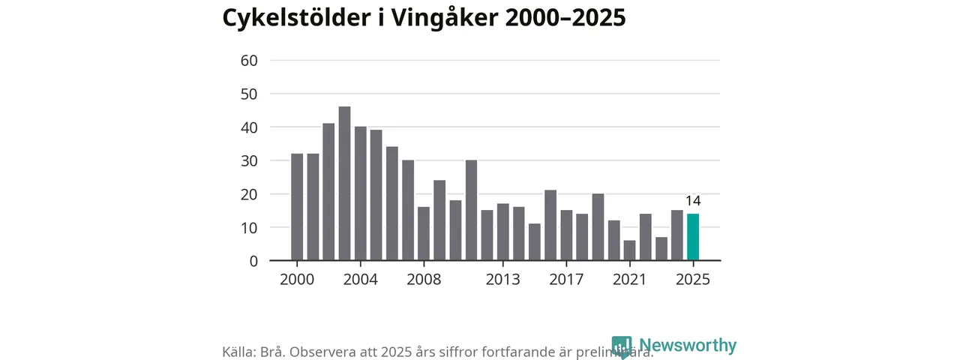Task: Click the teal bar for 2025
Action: coord(693,237)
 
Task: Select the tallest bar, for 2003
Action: coord(344,184)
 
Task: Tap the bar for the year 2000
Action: coord(297,207)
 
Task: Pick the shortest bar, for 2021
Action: coord(630,250)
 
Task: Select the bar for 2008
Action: coord(424,234)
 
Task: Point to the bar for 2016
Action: coord(550,226)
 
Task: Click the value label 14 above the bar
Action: coord(693,201)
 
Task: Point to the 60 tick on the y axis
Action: coord(249,61)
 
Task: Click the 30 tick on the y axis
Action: coord(249,160)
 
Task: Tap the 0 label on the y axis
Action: coord(253,261)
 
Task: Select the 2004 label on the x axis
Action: coord(360,279)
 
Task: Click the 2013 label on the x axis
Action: coord(502,279)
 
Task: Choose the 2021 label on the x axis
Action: coord(630,279)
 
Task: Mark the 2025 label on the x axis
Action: coord(693,279)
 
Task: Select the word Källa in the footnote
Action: coord(239,352)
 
